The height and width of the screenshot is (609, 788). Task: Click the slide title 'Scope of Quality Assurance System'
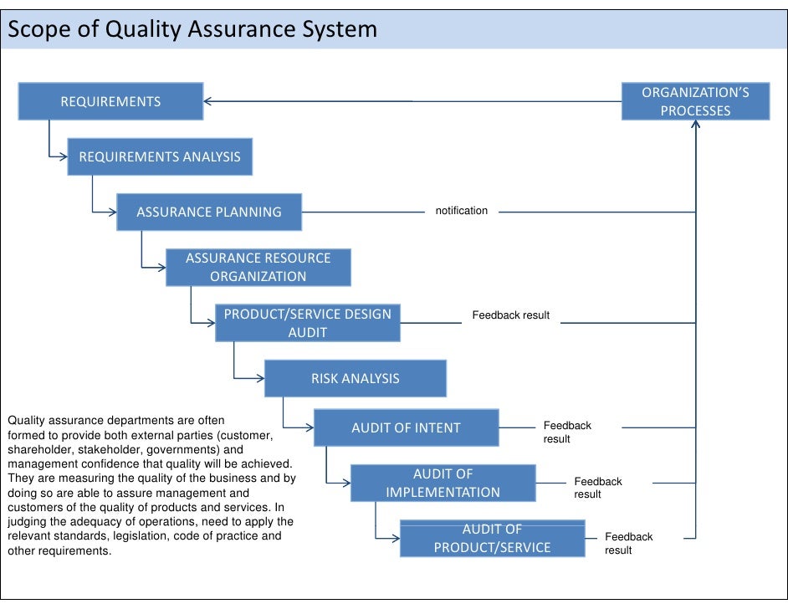192,29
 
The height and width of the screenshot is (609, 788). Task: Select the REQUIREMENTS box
110,101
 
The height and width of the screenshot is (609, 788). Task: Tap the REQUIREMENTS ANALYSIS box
159,156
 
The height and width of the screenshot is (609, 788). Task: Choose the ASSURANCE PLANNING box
208,212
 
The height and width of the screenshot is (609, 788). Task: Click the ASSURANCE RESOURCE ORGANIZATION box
258,267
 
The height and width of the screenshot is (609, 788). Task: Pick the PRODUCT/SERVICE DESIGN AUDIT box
307,323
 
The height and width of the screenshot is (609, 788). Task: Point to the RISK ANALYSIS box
355,378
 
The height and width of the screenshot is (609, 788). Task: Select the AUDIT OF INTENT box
406,427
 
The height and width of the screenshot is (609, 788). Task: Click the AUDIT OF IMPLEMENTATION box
443,483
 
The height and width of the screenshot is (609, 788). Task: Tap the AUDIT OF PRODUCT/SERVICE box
492,538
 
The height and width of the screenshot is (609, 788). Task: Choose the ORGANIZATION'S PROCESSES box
695,101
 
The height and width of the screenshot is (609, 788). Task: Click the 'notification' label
461,211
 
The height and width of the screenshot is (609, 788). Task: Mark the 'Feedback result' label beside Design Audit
510,315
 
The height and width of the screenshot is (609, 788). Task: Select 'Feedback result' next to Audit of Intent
567,432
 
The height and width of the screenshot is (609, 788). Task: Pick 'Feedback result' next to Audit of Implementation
597,488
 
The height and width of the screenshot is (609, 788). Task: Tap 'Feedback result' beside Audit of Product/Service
628,543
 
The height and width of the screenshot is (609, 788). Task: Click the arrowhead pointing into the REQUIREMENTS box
208,101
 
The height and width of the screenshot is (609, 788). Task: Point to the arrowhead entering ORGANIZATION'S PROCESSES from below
695,125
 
